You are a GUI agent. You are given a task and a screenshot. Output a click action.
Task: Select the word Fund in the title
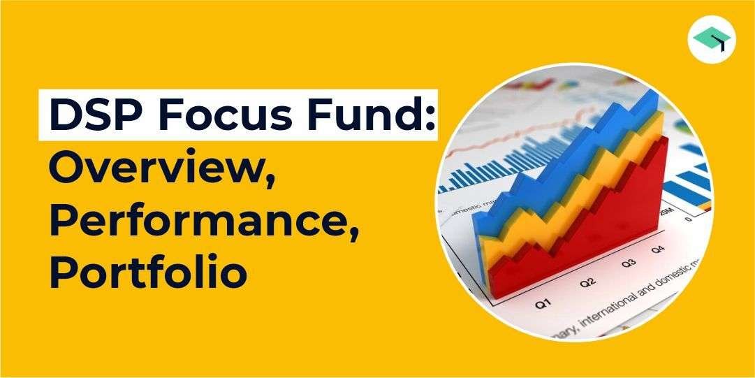367,115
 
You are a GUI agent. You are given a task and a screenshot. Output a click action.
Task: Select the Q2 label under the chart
587,282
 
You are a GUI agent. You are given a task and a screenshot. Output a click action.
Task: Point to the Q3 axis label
629,264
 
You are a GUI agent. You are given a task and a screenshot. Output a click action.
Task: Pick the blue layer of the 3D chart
531,161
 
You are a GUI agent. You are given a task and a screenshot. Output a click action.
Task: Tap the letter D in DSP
67,115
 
